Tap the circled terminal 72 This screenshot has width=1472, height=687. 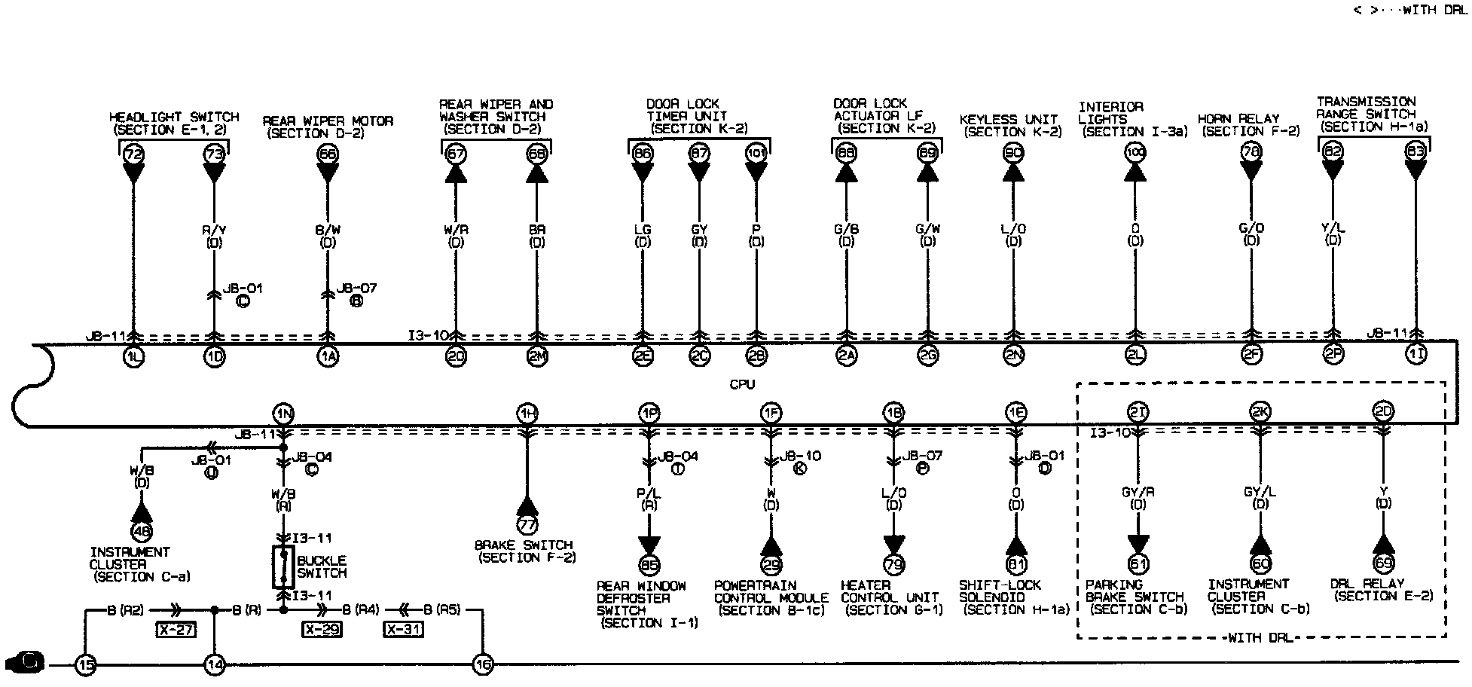tap(133, 154)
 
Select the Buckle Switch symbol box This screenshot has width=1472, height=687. tap(283, 566)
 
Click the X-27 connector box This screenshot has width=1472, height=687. tap(176, 630)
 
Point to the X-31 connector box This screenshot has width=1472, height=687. tap(402, 630)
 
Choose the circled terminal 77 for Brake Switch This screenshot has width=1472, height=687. tap(527, 525)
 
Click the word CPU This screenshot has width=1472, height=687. tap(741, 384)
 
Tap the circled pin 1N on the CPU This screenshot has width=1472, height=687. tap(283, 413)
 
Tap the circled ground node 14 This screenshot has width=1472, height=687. tap(215, 664)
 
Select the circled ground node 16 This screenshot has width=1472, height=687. tap(482, 664)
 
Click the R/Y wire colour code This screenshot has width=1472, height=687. tap(215, 229)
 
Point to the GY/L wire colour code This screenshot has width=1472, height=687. tap(1259, 492)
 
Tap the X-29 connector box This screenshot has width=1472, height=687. tap(322, 630)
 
